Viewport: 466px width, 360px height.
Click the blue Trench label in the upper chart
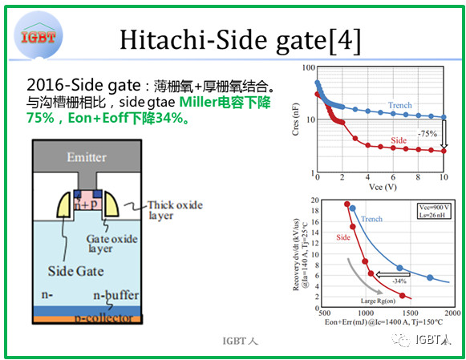coord(400,106)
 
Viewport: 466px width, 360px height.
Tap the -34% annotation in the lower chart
coord(399,281)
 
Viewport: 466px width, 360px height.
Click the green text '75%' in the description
coord(43,119)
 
